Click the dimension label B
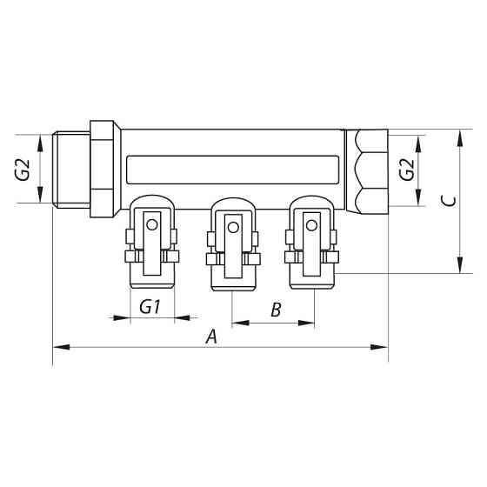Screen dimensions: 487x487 tap(275, 310)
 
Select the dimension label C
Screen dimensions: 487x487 tap(447, 202)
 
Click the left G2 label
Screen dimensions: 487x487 tap(23, 169)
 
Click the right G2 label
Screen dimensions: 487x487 tap(405, 169)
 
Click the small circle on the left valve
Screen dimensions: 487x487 tap(153, 225)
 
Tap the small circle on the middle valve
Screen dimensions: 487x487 tap(232, 228)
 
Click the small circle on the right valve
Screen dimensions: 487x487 tap(312, 225)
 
